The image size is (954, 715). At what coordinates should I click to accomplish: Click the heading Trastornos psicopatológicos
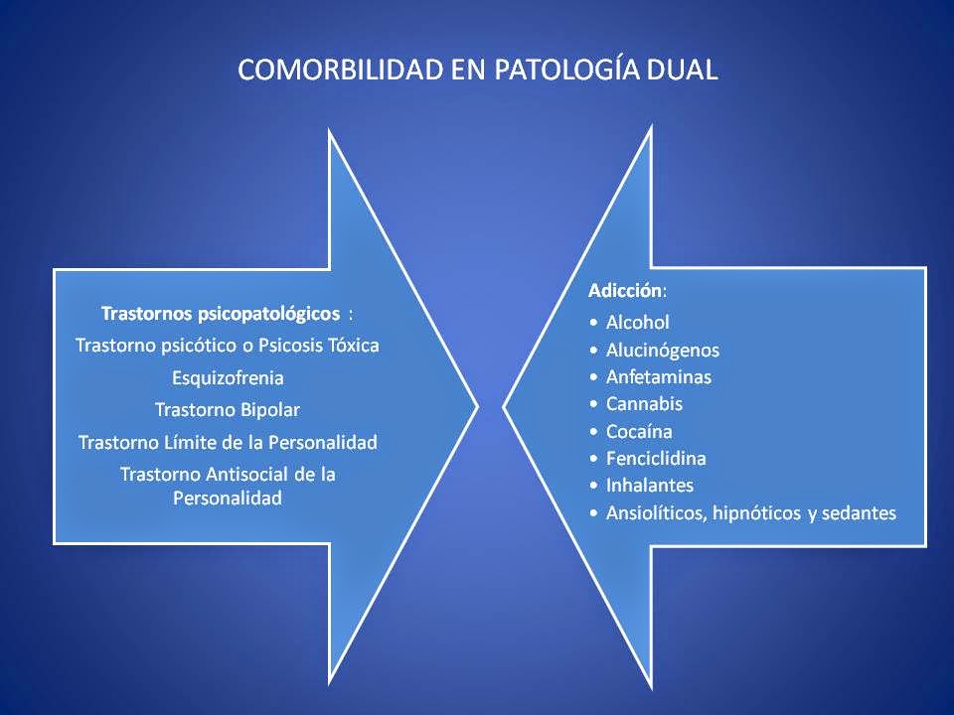click(x=221, y=314)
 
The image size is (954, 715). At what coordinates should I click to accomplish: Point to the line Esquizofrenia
click(x=228, y=377)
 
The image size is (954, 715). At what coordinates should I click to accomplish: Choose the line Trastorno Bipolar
click(x=228, y=409)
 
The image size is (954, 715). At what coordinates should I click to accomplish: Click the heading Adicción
click(x=625, y=292)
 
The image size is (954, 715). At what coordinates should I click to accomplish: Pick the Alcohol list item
click(x=637, y=322)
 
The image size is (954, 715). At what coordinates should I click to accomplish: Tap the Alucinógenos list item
click(x=662, y=350)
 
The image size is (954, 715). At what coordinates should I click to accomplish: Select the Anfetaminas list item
click(x=658, y=377)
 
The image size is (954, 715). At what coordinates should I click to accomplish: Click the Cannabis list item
click(x=644, y=404)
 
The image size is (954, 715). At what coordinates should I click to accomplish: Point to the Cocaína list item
click(x=639, y=432)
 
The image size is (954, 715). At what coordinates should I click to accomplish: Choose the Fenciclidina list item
click(x=656, y=459)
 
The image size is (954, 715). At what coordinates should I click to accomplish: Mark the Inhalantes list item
click(x=650, y=486)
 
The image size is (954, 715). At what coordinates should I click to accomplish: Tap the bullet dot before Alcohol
click(x=593, y=323)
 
